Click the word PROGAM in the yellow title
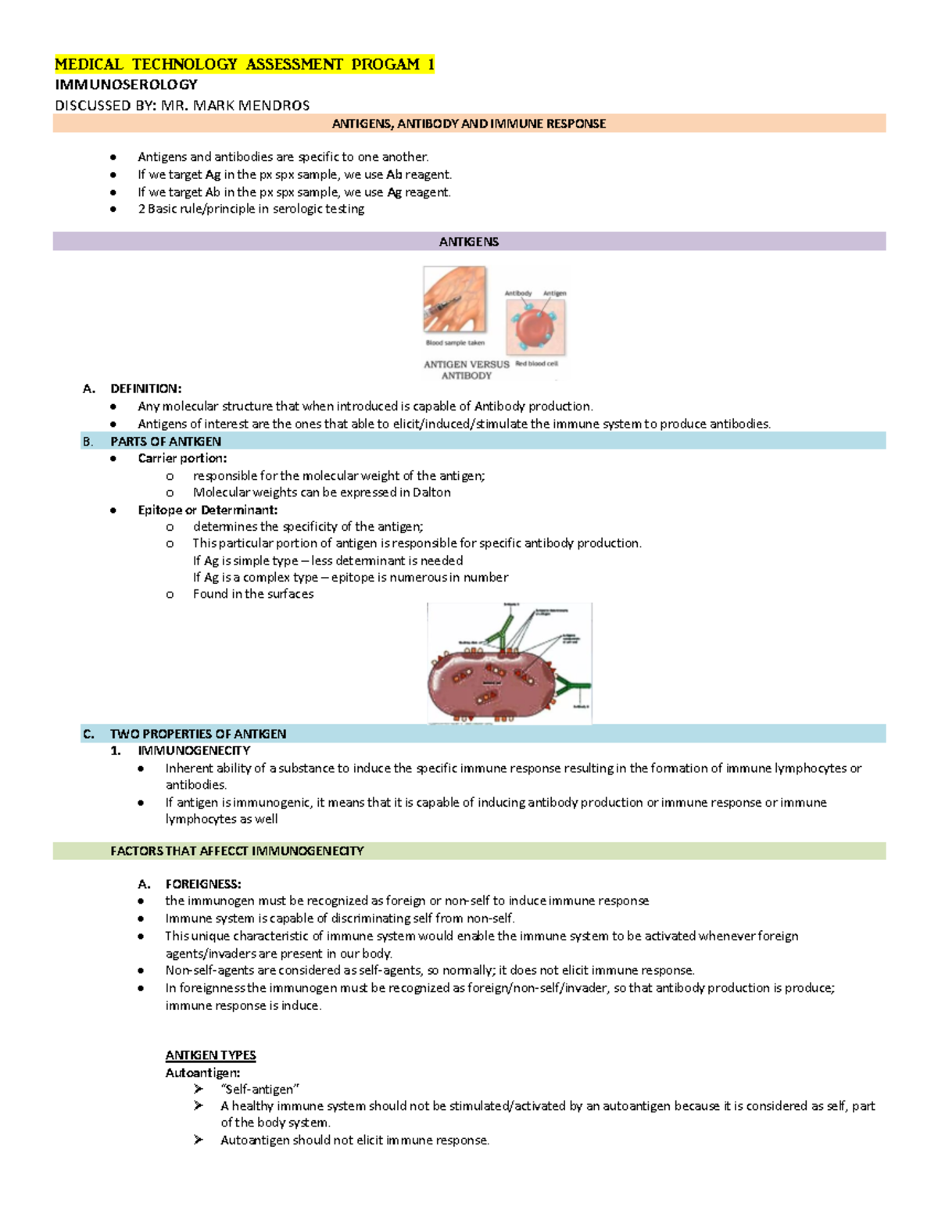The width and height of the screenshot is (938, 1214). pyautogui.click(x=385, y=64)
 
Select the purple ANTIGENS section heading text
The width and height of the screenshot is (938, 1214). pyautogui.click(x=469, y=242)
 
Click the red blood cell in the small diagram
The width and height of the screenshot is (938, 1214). pyautogui.click(x=535, y=326)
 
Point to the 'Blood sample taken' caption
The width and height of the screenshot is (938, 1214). pyautogui.click(x=455, y=343)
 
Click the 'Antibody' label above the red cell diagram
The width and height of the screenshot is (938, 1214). pyautogui.click(x=517, y=294)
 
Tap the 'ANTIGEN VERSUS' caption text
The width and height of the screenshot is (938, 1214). pyautogui.click(x=466, y=364)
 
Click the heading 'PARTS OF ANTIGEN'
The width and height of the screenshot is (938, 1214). pyautogui.click(x=166, y=441)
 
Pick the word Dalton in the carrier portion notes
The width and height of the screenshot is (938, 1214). pyautogui.click(x=431, y=492)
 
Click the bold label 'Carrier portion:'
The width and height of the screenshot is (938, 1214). pyautogui.click(x=182, y=458)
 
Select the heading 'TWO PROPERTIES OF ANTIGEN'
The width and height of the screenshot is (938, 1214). pyautogui.click(x=198, y=733)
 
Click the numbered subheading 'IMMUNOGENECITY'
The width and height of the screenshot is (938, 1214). pyautogui.click(x=194, y=750)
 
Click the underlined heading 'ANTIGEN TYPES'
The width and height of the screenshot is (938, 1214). pyautogui.click(x=210, y=1055)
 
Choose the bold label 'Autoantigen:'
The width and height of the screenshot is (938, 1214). pyautogui.click(x=202, y=1073)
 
